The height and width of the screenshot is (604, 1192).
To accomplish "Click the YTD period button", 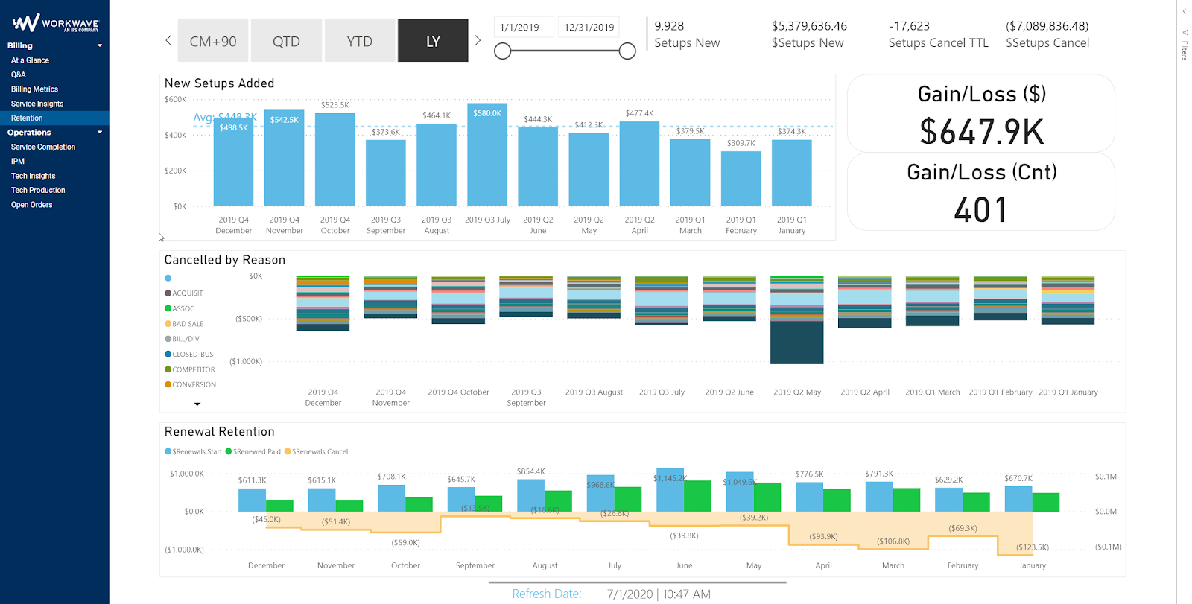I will [x=359, y=41].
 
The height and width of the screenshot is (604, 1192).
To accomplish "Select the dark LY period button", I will [x=433, y=41].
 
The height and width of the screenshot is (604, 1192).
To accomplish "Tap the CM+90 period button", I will [x=213, y=41].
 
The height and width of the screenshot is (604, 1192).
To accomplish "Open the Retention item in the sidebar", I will [x=27, y=118].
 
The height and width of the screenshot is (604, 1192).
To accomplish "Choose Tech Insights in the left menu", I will [x=33, y=176].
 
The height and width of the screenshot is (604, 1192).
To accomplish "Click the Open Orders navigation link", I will [x=31, y=205].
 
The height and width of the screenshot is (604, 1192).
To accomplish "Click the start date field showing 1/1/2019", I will [x=519, y=28].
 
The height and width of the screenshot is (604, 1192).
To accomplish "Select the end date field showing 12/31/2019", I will [x=589, y=28].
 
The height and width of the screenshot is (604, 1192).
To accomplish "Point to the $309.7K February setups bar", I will [x=741, y=179].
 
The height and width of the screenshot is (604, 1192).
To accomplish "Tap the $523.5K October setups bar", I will [x=335, y=160].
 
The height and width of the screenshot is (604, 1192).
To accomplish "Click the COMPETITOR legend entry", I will [x=193, y=369].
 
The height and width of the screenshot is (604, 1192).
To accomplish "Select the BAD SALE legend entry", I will [x=187, y=324].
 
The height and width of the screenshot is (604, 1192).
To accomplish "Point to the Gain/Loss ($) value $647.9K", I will [x=981, y=132].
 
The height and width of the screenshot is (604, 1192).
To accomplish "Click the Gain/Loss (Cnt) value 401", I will [x=981, y=210].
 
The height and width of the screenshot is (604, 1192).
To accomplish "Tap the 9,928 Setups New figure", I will [x=669, y=26].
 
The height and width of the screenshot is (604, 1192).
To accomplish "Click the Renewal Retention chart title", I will [x=219, y=432].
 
